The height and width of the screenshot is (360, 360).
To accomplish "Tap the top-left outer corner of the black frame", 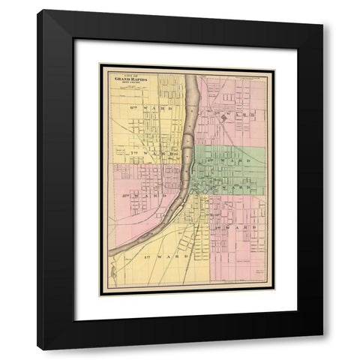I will pos(37,10).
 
